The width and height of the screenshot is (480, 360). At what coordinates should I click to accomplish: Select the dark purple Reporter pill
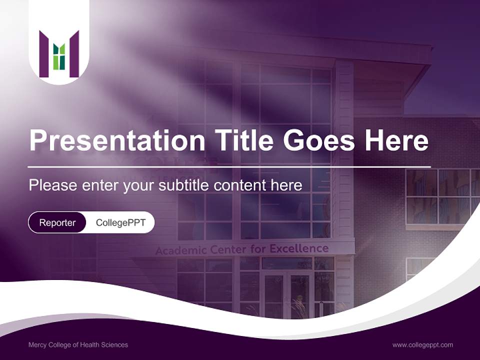(x=57, y=222)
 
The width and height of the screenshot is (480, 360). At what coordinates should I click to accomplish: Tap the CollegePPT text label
(x=120, y=222)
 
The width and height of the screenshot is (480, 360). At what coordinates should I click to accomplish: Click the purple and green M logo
(x=59, y=54)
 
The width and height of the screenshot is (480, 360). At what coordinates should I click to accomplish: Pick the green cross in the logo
(x=59, y=55)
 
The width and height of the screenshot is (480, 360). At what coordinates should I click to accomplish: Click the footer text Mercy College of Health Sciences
(x=78, y=344)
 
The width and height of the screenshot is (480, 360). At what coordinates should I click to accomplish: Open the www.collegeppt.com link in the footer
(x=422, y=344)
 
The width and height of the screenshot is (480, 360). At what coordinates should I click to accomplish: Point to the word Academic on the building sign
(x=178, y=250)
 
